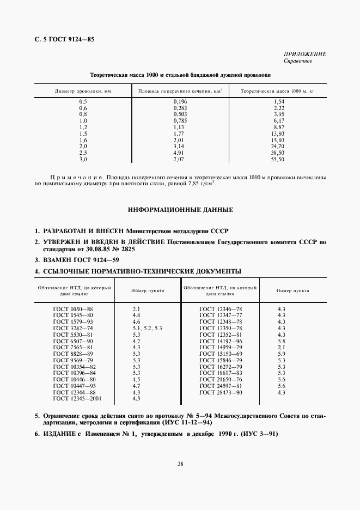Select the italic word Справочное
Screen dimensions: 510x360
click(x=297, y=60)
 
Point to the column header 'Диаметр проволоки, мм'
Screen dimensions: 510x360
click(x=83, y=91)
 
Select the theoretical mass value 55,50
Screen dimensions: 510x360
click(x=278, y=160)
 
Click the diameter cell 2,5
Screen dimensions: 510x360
click(x=83, y=153)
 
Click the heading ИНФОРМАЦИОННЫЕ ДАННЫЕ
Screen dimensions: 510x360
click(x=180, y=209)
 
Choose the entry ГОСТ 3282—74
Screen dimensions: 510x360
click(x=73, y=328)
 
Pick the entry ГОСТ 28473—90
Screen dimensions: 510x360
click(x=221, y=392)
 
